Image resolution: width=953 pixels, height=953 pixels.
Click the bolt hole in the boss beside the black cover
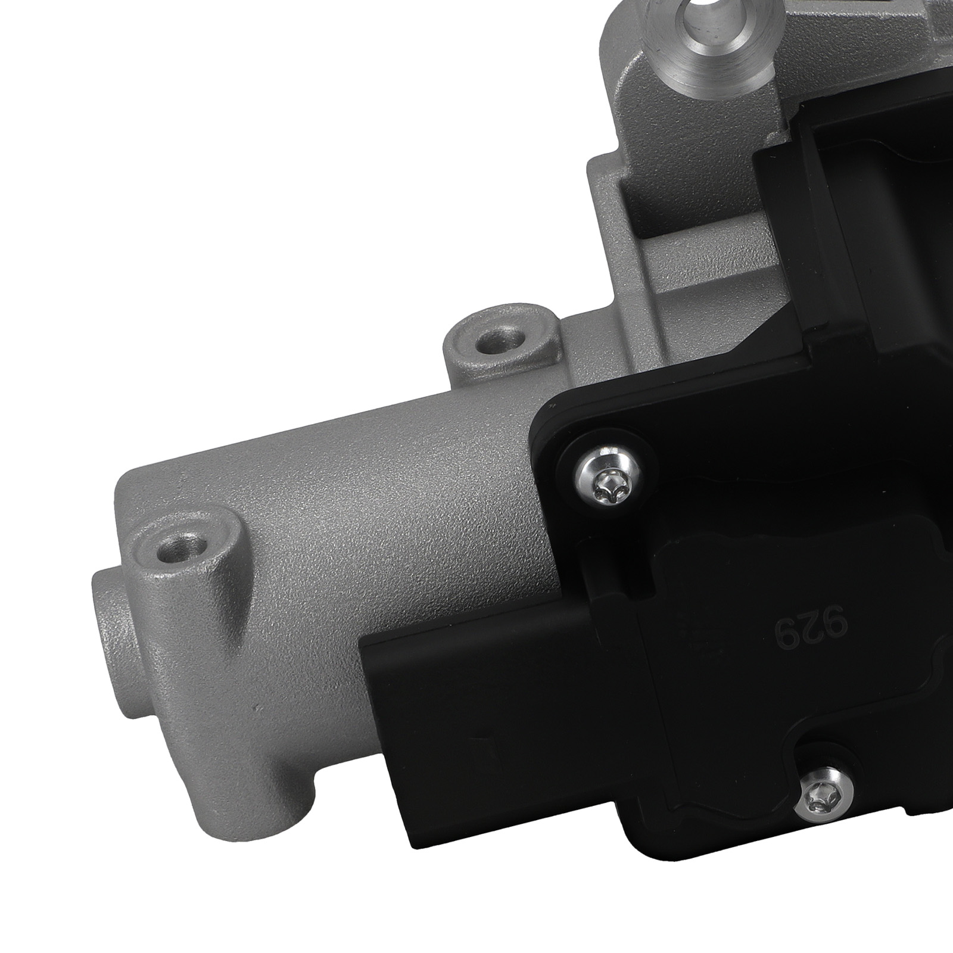[499, 341]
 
